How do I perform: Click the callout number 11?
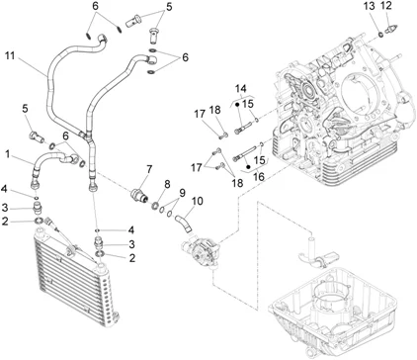pos(10,55)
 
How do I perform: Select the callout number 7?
pos(149,170)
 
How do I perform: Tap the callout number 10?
pos(198,201)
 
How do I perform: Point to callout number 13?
pos(370,6)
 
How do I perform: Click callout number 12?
pos(386,6)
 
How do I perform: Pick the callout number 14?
pos(241,88)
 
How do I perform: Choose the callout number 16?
pos(259,177)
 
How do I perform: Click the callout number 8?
pos(167,185)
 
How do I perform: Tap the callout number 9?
pos(182,193)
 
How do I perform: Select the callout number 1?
pos(7,153)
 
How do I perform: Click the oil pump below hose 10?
pos(201,250)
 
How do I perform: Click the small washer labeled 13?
pos(380,34)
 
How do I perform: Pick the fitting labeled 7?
pos(139,195)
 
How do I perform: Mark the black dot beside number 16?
pos(248,167)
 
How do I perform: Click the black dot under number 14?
pos(237,105)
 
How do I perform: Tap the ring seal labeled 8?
pos(155,207)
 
